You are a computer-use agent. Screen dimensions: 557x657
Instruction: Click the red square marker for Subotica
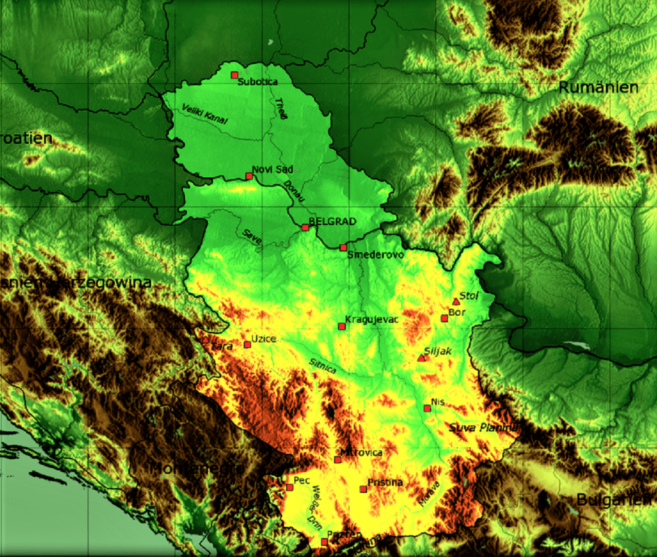pyautogui.click(x=234, y=75)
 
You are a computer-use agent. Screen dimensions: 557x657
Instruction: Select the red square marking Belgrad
pyautogui.click(x=305, y=227)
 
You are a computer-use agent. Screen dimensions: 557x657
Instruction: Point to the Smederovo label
pyautogui.click(x=375, y=255)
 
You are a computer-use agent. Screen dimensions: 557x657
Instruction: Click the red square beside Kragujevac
pyautogui.click(x=341, y=327)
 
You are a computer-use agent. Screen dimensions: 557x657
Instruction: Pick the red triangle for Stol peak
pyautogui.click(x=456, y=302)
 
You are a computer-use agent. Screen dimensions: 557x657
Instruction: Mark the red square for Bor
pyautogui.click(x=444, y=318)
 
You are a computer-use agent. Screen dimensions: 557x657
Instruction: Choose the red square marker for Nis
pyautogui.click(x=427, y=408)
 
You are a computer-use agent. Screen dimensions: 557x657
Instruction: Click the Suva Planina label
pyautogui.click(x=482, y=427)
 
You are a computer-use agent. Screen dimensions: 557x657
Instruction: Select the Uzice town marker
pyautogui.click(x=248, y=345)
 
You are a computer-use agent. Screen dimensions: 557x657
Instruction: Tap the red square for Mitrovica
pyautogui.click(x=337, y=459)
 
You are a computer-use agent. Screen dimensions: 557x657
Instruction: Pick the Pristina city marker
pyautogui.click(x=363, y=489)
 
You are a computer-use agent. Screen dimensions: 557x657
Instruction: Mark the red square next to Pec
pyautogui.click(x=289, y=487)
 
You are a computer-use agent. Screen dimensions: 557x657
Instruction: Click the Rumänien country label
pyautogui.click(x=598, y=88)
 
